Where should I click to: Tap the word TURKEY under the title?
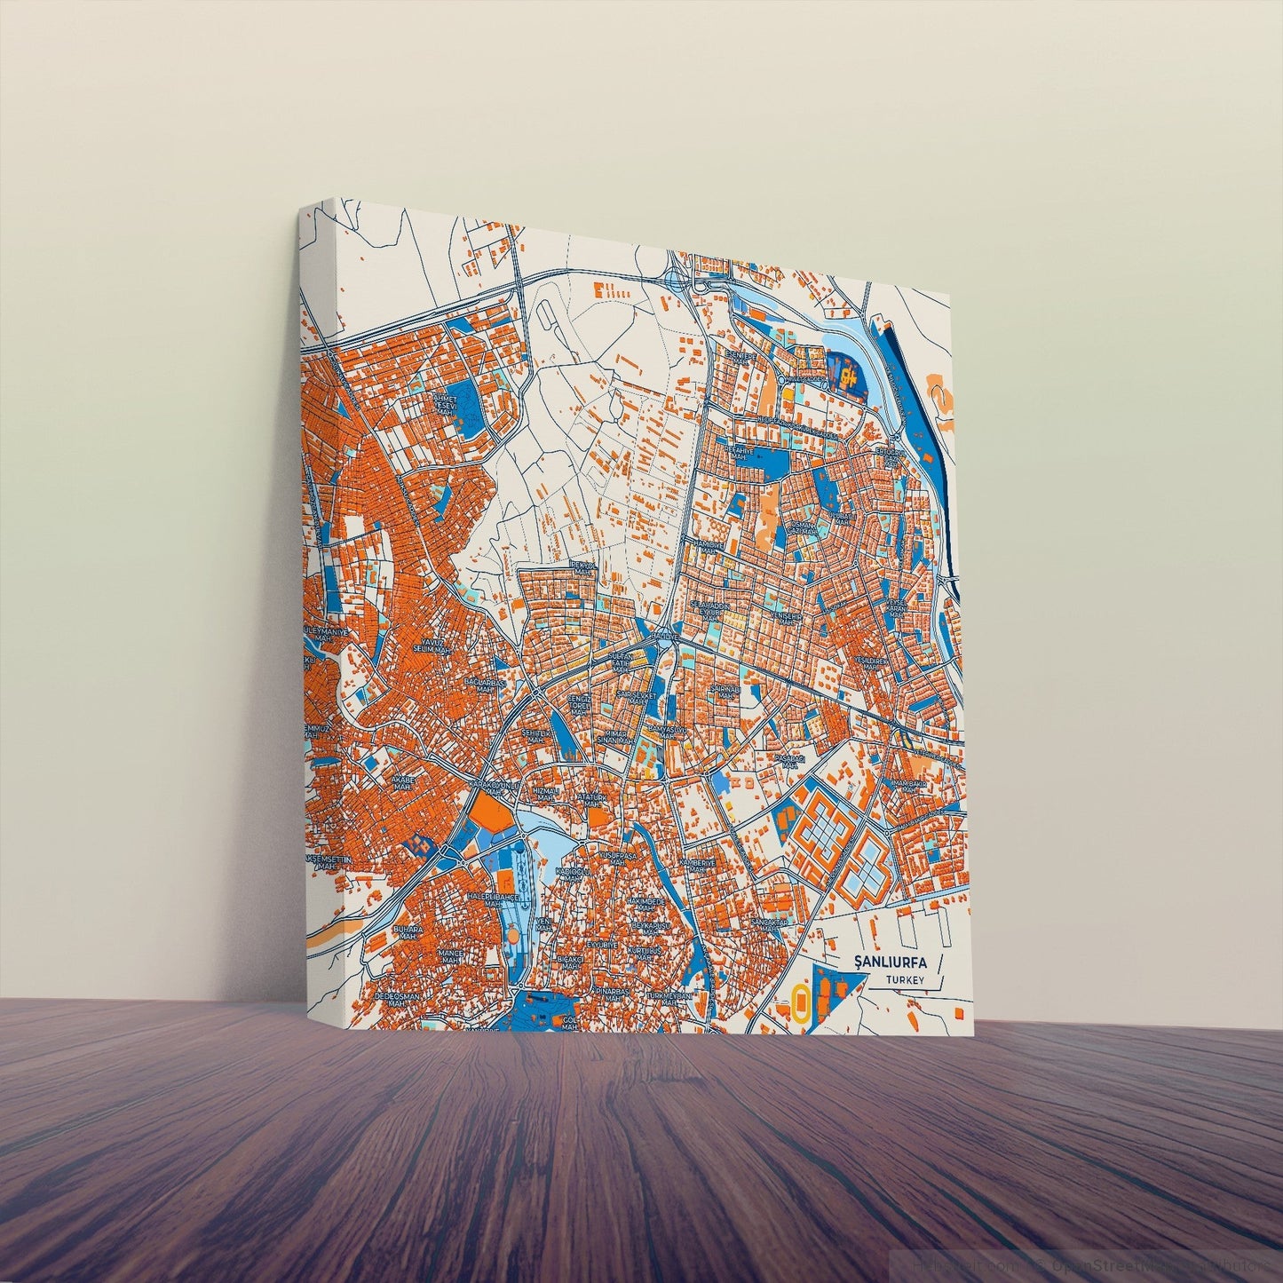pyautogui.click(x=904, y=980)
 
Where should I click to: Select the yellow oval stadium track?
pyautogui.click(x=801, y=1002)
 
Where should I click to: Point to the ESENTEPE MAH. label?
pyautogui.click(x=739, y=358)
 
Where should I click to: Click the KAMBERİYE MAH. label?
pyautogui.click(x=698, y=865)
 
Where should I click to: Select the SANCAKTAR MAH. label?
pyautogui.click(x=770, y=927)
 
